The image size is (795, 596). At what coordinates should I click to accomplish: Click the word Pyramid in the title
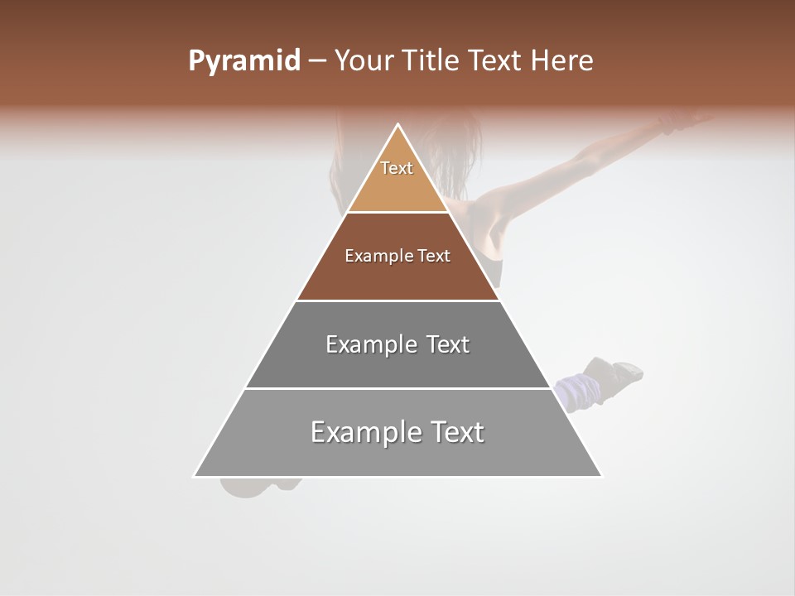243,61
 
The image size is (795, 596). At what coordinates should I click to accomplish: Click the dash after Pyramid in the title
316,61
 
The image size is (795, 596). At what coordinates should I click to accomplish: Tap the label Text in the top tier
397,168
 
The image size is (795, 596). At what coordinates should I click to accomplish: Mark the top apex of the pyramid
398,124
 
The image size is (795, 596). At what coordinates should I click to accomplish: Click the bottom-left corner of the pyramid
195,476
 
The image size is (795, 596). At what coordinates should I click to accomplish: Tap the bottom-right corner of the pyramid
601,476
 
